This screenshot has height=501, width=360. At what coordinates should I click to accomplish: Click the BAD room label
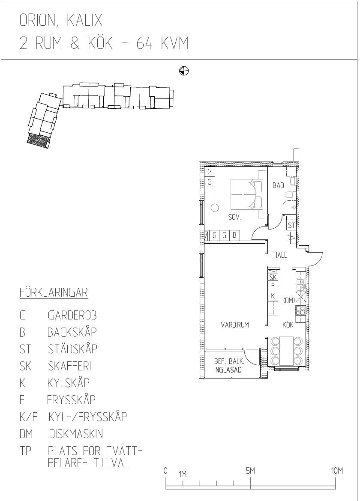278,185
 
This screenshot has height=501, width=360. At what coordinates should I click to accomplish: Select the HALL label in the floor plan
280,255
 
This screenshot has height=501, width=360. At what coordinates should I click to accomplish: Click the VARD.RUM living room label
235,325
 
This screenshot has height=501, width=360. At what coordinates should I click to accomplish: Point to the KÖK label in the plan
288,325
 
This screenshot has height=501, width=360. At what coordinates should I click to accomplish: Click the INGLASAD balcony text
228,370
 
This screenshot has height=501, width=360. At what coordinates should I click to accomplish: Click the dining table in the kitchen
286,351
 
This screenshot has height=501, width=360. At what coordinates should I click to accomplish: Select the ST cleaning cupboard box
291,225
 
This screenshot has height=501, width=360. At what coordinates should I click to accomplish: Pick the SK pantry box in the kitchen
273,277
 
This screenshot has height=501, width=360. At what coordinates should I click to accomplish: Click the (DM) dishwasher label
289,300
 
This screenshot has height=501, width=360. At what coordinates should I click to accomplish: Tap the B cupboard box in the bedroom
234,235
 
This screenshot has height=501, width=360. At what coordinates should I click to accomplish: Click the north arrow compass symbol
184,71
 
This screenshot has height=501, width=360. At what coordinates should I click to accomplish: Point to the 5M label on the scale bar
251,471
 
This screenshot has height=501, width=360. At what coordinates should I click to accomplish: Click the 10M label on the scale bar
337,471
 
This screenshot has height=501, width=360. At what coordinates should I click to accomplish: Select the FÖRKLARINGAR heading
54,292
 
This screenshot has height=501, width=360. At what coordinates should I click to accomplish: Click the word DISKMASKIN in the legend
76,434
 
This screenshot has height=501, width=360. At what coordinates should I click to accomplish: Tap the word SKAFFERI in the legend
70,366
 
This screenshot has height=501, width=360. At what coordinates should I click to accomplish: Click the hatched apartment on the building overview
38,140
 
